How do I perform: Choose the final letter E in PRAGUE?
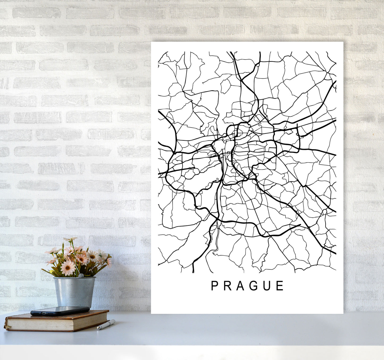[x=280, y=286]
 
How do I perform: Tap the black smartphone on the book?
[x=60, y=311]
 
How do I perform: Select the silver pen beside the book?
[x=106, y=325]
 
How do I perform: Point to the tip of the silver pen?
[x=98, y=329]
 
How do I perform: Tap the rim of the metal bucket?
[x=74, y=278]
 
